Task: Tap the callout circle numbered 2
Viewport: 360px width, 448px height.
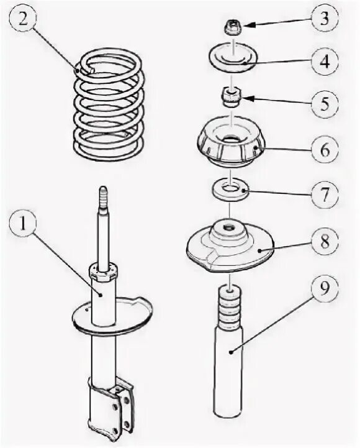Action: tap(23, 19)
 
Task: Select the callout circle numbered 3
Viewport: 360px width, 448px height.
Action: tap(324, 19)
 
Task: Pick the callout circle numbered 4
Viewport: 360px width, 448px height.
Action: tap(324, 61)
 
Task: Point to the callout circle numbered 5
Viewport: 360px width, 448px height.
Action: tap(324, 103)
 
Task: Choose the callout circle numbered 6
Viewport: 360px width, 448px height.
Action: tap(325, 150)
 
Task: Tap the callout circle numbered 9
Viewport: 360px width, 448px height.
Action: tap(325, 288)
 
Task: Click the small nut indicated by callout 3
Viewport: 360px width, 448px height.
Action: tap(233, 28)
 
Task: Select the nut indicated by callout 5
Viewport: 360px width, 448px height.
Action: tap(232, 96)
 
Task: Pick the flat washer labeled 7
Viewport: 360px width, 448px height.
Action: tap(230, 191)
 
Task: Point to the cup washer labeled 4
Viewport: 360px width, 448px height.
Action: tap(233, 57)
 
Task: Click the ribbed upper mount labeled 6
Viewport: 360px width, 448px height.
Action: tap(231, 141)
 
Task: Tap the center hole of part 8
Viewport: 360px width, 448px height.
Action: tap(228, 227)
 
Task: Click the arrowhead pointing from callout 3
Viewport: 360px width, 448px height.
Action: tap(248, 25)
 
